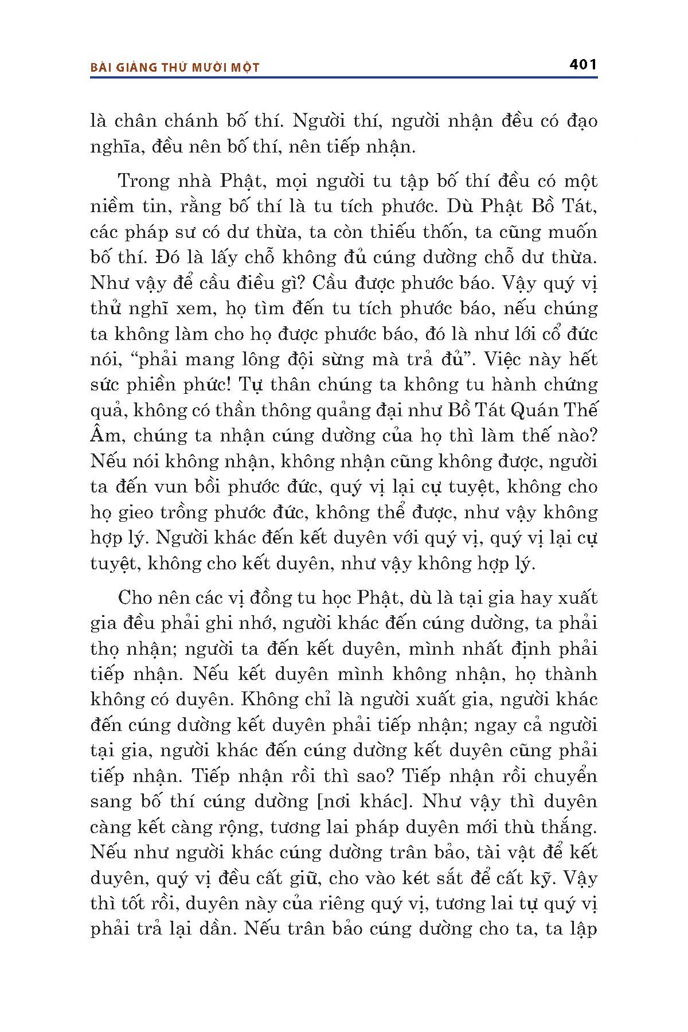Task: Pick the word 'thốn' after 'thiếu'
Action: pyautogui.click(x=441, y=232)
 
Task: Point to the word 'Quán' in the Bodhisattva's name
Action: pyautogui.click(x=536, y=411)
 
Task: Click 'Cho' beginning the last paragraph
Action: pyautogui.click(x=133, y=598)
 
